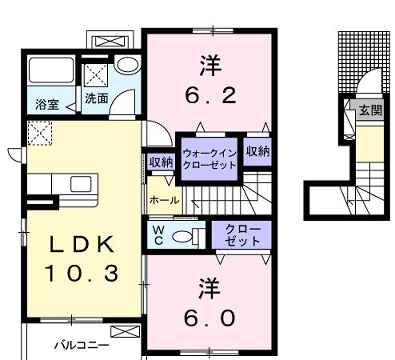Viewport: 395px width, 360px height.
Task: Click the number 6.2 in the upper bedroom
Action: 209,97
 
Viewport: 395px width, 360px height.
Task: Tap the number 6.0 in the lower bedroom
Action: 209,317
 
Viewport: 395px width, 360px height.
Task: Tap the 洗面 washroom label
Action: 96,98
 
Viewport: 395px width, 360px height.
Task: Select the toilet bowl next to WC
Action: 181,236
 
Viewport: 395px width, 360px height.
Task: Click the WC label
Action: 158,235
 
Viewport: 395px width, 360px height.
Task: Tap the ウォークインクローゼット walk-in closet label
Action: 208,158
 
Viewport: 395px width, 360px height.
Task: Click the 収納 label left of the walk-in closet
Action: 161,161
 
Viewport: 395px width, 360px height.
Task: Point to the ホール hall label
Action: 164,200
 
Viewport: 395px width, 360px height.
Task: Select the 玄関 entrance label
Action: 369,110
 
